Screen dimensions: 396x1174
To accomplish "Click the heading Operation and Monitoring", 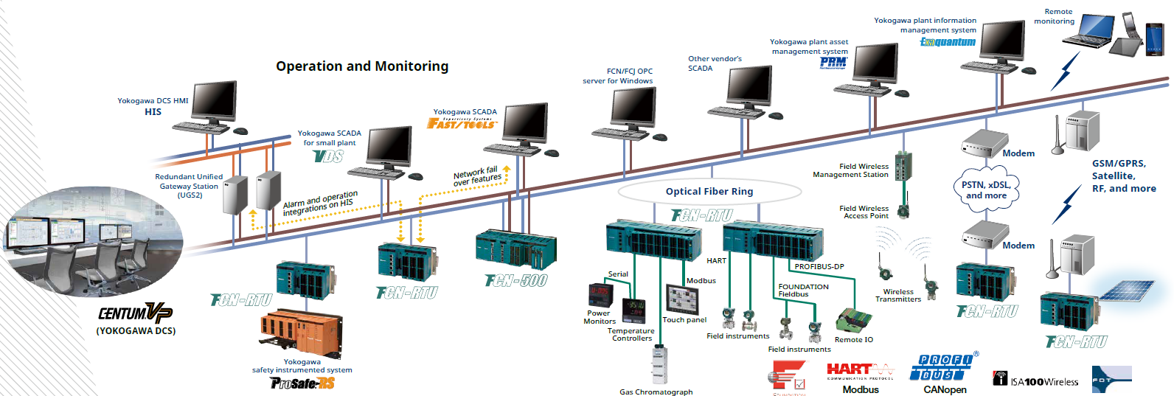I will (x=361, y=66).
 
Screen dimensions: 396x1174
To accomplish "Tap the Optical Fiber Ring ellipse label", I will (x=709, y=192).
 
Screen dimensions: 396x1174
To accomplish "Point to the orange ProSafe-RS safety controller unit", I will (x=301, y=332).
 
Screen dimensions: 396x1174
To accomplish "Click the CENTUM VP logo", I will (x=135, y=313).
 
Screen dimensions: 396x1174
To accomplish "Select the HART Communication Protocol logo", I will (x=860, y=370).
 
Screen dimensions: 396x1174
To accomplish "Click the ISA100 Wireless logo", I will (x=1035, y=381).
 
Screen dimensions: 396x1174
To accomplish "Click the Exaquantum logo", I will (x=948, y=42).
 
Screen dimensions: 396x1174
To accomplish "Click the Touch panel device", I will (x=682, y=299).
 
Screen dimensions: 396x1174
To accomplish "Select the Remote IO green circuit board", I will (x=854, y=320).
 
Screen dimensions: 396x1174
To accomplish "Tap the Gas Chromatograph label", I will (x=656, y=392).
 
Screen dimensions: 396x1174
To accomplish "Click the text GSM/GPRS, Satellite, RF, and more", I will (x=1123, y=176).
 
